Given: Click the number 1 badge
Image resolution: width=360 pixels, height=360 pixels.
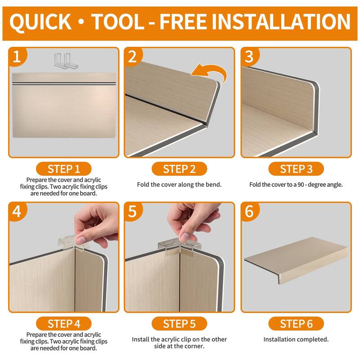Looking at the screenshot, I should [17, 57].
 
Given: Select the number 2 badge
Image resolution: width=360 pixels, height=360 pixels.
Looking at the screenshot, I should [132, 57].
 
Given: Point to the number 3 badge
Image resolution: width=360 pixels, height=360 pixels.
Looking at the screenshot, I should [249, 57].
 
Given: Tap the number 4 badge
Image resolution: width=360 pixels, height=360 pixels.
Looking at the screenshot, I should [17, 211].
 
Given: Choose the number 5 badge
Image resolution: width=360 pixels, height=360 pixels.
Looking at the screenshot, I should [132, 211].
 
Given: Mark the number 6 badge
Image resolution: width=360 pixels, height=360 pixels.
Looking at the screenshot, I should [249, 211].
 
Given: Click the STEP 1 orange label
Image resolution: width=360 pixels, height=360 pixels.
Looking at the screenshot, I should [63, 169].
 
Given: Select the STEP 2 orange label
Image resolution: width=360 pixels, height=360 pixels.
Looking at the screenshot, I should [179, 169].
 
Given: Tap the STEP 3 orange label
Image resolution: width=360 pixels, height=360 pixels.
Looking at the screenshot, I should [296, 169].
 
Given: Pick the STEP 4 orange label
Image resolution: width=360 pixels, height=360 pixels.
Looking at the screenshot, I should [63, 324].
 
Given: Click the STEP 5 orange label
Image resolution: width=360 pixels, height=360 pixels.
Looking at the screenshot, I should [179, 324].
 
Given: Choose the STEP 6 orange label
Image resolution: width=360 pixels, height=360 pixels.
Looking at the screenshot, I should [296, 324].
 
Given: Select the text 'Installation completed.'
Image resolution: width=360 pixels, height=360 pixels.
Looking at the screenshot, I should [296, 339].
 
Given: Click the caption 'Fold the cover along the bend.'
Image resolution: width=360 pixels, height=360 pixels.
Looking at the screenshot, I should [179, 184].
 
